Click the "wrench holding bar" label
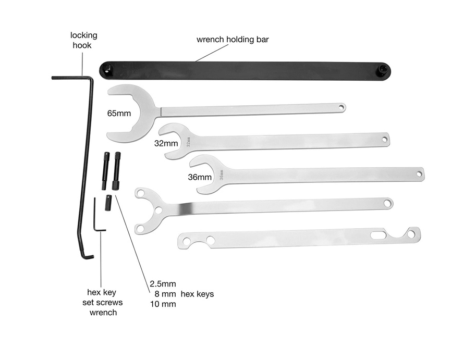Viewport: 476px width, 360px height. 233,40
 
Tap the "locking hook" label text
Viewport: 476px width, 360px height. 83,40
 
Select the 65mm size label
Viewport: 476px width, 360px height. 119,114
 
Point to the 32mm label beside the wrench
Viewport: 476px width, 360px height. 166,143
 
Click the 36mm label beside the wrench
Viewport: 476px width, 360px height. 200,177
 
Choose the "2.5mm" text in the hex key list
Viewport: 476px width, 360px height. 163,284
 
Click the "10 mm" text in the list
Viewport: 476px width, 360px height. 163,304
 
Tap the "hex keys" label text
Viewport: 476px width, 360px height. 197,294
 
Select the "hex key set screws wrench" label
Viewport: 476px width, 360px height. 103,302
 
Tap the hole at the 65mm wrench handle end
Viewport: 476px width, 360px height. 341,107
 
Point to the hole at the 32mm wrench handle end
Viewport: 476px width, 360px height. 385,140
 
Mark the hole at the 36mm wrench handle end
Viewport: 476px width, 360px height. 419,174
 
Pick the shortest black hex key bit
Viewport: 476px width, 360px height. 108,203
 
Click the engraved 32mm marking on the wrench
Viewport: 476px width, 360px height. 188,142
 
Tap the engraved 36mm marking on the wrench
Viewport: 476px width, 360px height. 222,175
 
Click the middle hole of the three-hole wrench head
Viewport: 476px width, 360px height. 158,210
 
